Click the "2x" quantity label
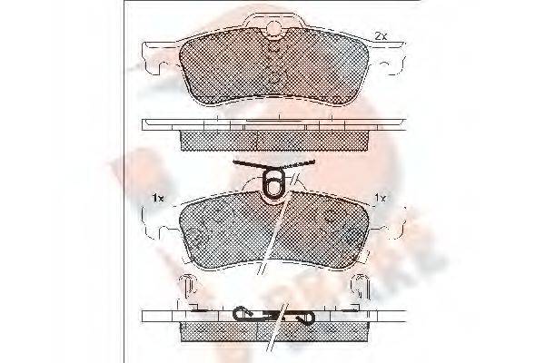tap(381, 35)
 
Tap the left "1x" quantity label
tap(157, 198)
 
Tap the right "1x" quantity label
tap(382, 198)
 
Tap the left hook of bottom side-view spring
tap(242, 314)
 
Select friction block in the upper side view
tap(272, 140)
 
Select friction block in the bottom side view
tap(272, 330)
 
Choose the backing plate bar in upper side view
tap(272, 125)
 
